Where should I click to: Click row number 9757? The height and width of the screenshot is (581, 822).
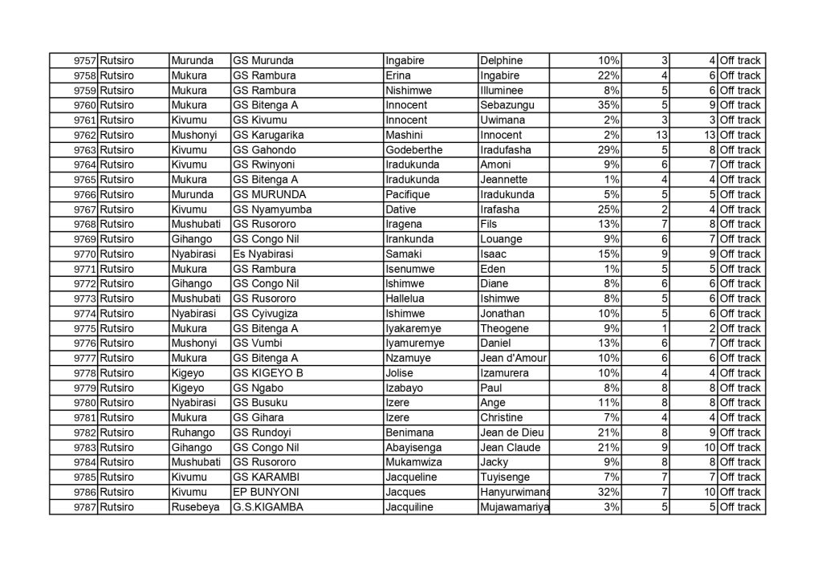[x=85, y=61]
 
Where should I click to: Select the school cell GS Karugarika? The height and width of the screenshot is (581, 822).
[x=267, y=135]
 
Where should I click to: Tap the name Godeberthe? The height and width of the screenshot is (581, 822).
[x=413, y=150]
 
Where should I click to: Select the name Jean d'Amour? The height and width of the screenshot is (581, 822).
[x=512, y=358]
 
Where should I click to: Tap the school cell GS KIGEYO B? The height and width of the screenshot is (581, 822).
[x=268, y=373]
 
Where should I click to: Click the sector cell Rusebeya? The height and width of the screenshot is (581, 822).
[x=194, y=507]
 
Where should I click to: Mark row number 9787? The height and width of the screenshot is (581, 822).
[x=85, y=507]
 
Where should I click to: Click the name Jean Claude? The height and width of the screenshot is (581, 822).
[x=510, y=448]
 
